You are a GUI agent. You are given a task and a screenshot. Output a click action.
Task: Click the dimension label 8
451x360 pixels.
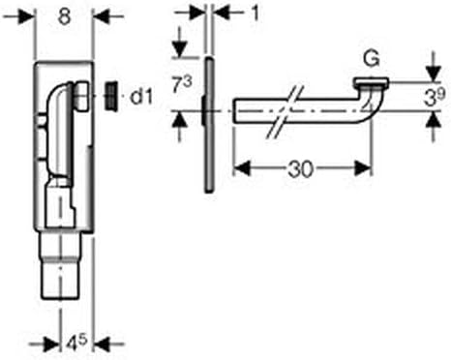pos(66,17)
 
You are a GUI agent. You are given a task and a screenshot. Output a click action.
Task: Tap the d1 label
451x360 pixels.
pos(143,95)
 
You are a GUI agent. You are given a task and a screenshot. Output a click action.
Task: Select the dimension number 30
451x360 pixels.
pos(302,167)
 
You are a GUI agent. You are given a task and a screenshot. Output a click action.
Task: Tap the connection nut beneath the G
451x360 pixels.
pos(371,84)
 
